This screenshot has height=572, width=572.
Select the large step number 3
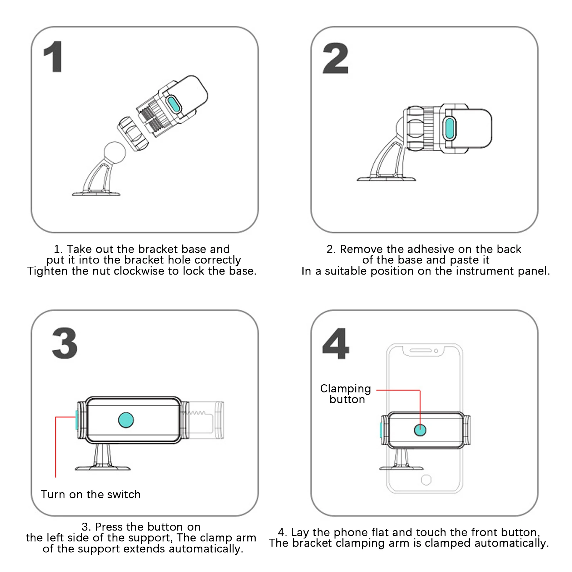click(65, 344)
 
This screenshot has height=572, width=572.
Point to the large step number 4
click(335, 344)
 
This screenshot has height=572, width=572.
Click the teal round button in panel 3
click(126, 420)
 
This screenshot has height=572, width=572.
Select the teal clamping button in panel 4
click(420, 430)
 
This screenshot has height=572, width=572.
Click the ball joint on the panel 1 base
click(114, 152)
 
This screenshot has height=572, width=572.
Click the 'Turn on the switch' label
click(90, 494)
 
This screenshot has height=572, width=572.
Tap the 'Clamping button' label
click(346, 394)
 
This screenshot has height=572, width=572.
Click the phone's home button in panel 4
click(426, 480)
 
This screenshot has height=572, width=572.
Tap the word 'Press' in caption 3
click(109, 527)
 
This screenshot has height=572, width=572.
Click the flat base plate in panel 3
click(103, 468)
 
